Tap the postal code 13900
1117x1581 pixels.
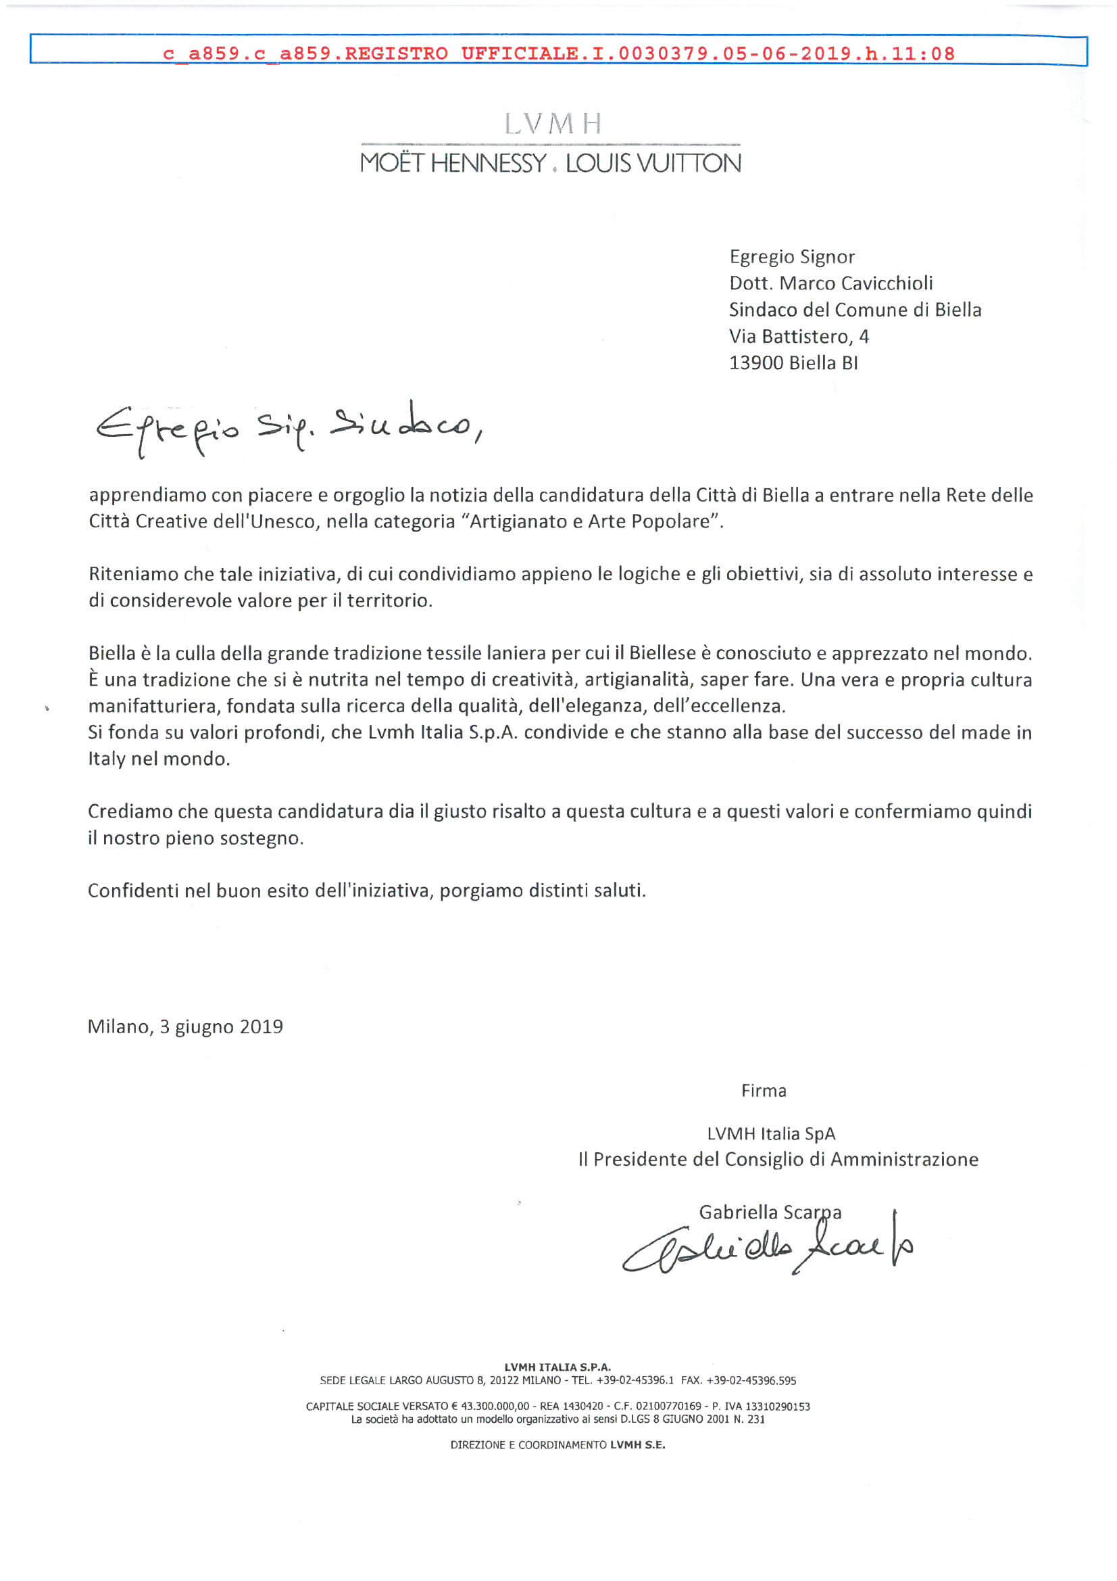click(755, 363)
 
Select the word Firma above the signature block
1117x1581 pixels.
click(763, 1091)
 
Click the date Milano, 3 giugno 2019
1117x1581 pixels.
click(185, 1027)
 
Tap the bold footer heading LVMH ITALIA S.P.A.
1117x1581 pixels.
click(557, 1367)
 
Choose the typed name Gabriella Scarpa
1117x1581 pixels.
click(770, 1212)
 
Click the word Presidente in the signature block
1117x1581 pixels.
click(641, 1160)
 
